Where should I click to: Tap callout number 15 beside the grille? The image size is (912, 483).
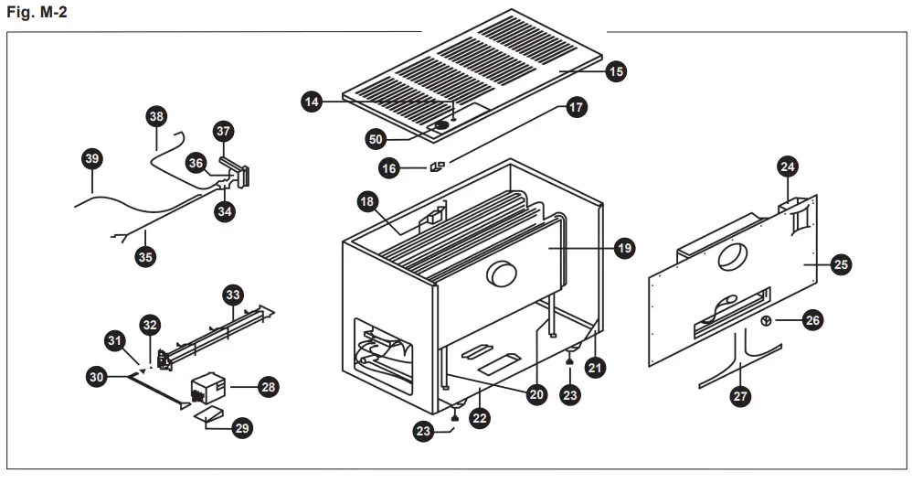click(615, 70)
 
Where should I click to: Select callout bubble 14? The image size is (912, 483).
click(313, 102)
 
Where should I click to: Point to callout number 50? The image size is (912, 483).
click(376, 139)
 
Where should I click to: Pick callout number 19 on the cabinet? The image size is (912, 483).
click(624, 247)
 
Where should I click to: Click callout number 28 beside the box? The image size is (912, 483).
click(268, 387)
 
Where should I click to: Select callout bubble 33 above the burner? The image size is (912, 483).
click(233, 295)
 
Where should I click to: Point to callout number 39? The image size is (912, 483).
click(90, 159)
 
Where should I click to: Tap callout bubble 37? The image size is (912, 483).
click(224, 131)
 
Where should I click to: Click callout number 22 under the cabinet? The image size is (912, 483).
click(479, 418)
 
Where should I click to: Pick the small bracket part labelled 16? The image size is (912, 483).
click(437, 166)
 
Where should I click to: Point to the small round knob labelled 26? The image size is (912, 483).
click(767, 320)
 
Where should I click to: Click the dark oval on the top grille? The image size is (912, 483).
click(441, 124)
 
